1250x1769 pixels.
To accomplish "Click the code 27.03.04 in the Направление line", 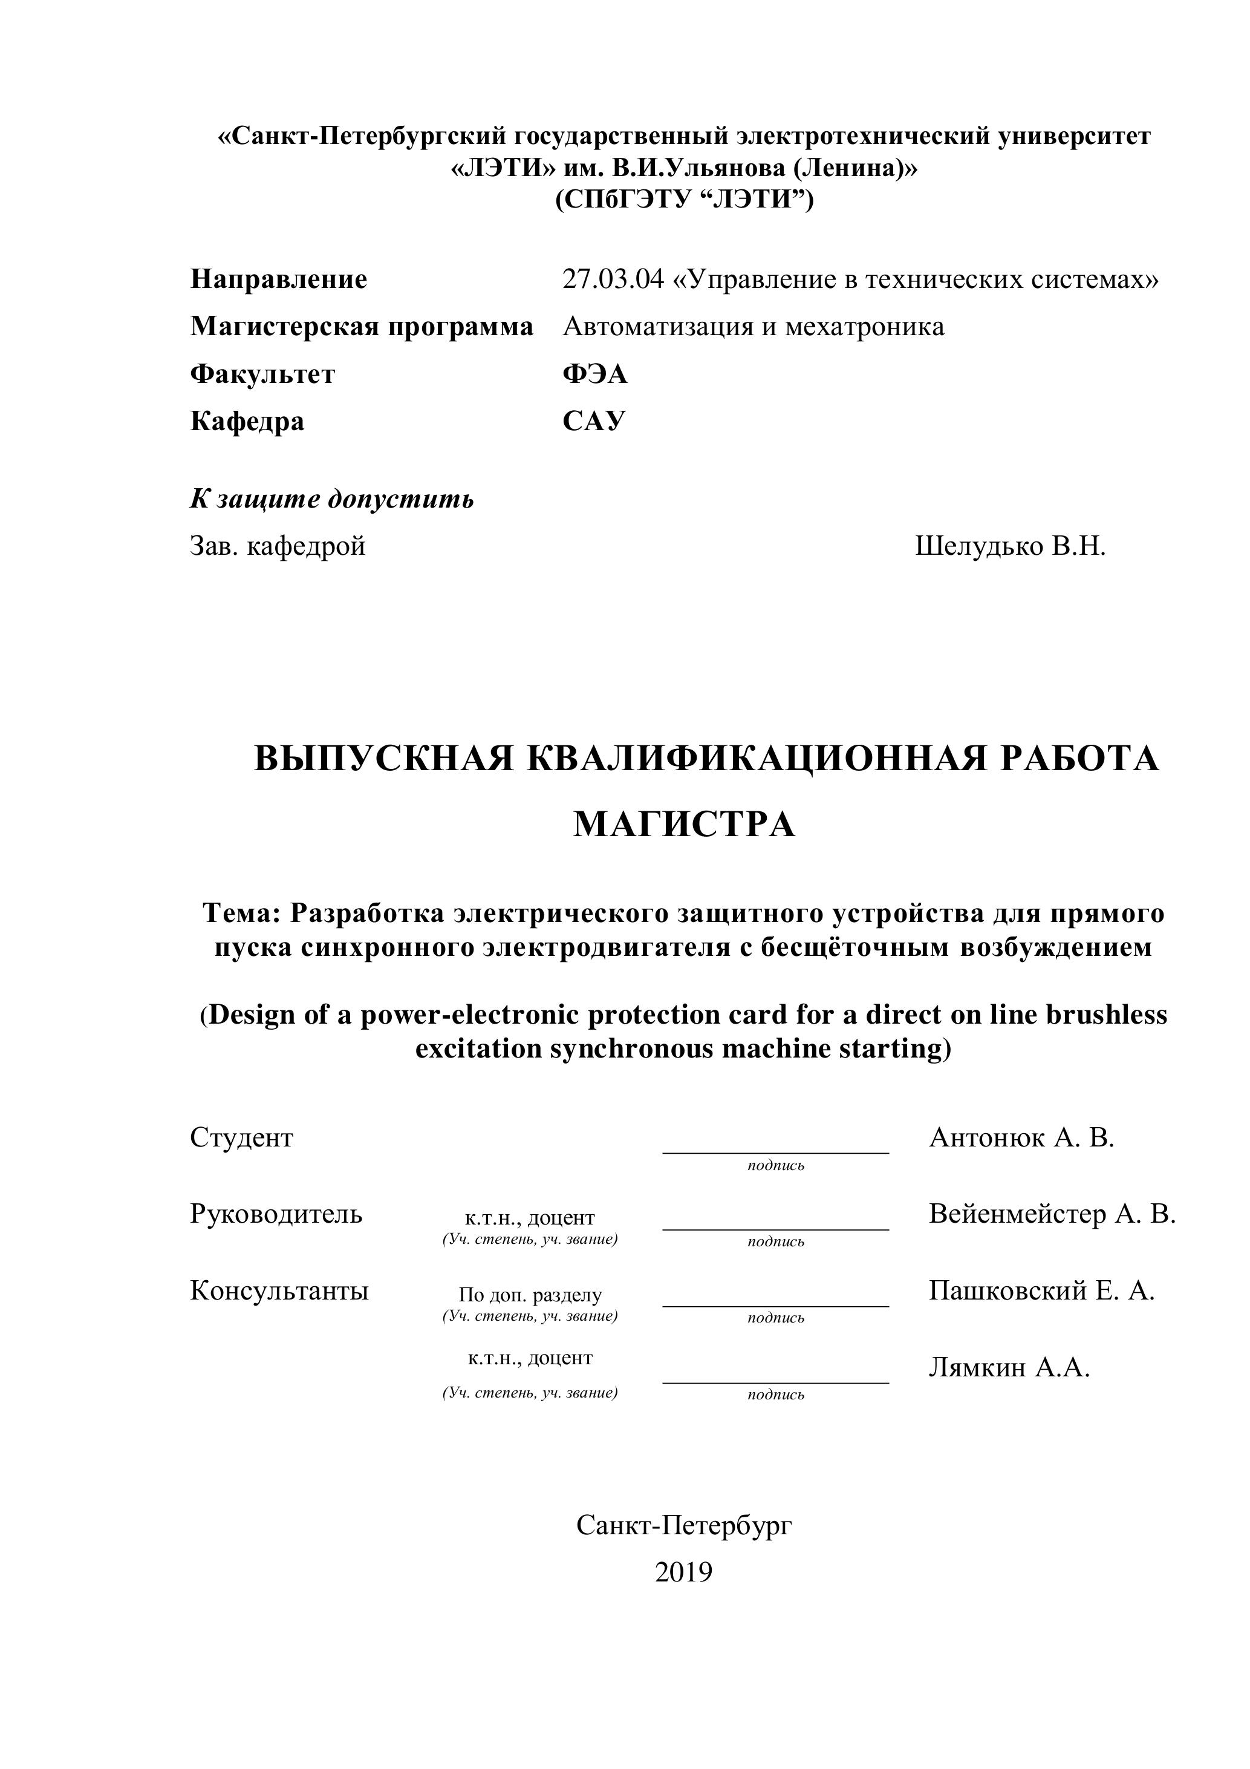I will (x=612, y=279).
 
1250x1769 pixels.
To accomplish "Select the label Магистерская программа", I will (x=361, y=327).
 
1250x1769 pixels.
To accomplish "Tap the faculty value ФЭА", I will (x=594, y=374).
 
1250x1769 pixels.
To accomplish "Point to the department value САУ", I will (x=594, y=422).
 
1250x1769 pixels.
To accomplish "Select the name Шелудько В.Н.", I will (x=1010, y=546).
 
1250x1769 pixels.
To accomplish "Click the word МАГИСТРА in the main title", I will (x=684, y=825).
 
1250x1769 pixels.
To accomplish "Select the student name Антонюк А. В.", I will (x=1021, y=1137).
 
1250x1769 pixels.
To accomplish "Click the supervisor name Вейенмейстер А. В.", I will (x=1052, y=1214).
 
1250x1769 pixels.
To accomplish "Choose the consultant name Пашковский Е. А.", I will (x=1041, y=1290).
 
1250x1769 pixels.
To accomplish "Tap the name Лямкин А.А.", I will (x=1009, y=1367).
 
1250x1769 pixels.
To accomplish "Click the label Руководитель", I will (x=276, y=1214).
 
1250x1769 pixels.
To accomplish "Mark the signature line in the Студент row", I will (x=775, y=1152).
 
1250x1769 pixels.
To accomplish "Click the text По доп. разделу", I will (x=530, y=1295).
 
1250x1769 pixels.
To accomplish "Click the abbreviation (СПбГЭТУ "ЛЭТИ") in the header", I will (x=684, y=200).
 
